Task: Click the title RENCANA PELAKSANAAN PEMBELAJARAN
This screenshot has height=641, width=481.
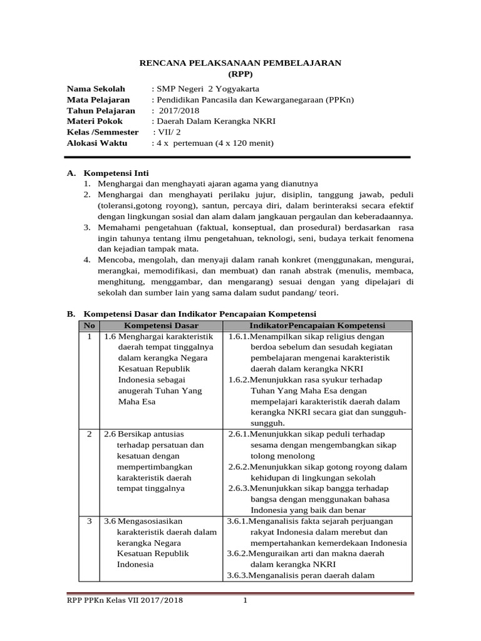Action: tap(239, 63)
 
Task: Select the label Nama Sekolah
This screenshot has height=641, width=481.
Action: tap(96, 88)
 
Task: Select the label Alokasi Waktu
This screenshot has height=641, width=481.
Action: tap(96, 143)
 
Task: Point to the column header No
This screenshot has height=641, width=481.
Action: tap(90, 326)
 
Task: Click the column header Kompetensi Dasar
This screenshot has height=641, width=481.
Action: tap(161, 326)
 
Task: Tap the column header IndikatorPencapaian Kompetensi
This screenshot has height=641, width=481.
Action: tap(316, 326)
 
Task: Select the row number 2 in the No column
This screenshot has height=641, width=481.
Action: tap(90, 434)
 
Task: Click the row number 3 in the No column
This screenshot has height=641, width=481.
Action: tap(90, 520)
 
